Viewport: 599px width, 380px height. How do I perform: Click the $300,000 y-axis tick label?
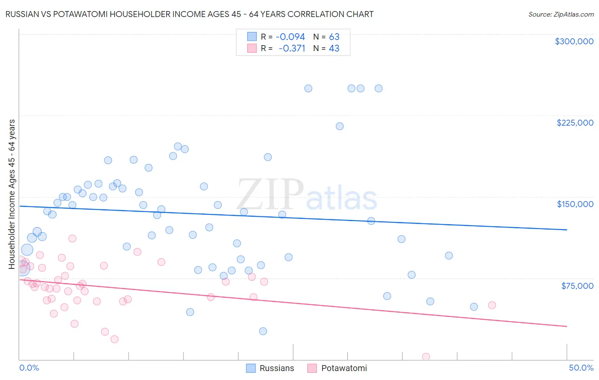tap(574, 41)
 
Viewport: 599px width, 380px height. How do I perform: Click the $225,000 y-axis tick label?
tap(575, 123)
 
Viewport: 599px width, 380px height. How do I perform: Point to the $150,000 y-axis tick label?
tap(575, 204)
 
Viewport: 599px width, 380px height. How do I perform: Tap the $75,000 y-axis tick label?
tap(577, 286)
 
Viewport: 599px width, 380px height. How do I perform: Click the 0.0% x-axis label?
tap(29, 368)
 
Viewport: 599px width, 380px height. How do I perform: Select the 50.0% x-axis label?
tap(581, 368)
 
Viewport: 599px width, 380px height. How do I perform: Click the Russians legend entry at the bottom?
tap(271, 368)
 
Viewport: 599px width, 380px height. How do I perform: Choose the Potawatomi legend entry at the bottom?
tap(337, 368)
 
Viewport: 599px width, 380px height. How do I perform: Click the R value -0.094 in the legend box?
tap(290, 37)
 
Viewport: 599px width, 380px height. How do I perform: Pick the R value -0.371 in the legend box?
tap(292, 49)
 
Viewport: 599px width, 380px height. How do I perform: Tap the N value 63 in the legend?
tap(334, 37)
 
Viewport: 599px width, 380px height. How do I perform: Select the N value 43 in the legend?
tap(334, 49)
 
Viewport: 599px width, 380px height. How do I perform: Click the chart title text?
tap(189, 14)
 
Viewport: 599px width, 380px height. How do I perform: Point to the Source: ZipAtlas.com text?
tap(561, 14)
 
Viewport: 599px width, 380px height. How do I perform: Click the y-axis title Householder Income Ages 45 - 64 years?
tap(12, 194)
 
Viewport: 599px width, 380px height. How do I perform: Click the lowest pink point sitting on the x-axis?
tap(426, 357)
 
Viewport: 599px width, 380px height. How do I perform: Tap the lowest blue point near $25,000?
tap(263, 331)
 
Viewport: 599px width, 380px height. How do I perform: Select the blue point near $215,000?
tap(340, 126)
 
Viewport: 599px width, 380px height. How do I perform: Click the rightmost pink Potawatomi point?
tap(492, 305)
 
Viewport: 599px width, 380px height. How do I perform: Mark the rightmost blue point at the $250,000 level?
tap(378, 89)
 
